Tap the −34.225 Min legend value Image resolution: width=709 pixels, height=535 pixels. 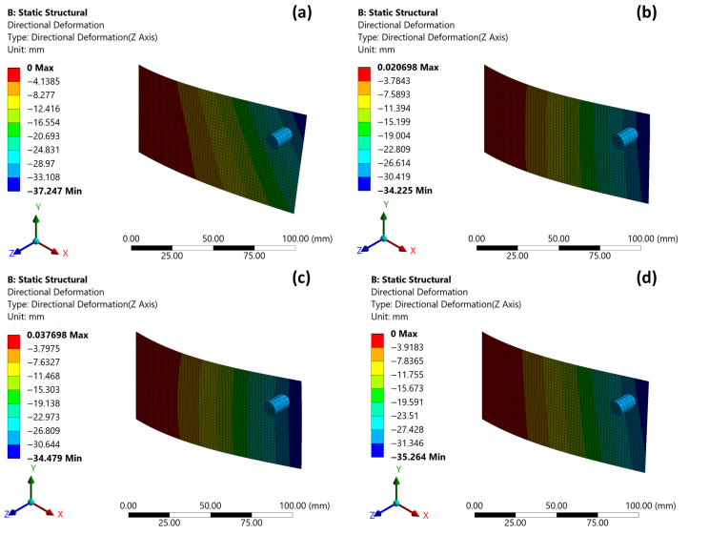tap(401, 191)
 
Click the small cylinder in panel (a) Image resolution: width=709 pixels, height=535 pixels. tap(283, 137)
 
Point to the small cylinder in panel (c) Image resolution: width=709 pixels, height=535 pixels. tap(279, 404)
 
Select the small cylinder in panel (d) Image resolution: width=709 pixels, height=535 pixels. tap(626, 404)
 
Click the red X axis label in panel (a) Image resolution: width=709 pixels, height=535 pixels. tap(65, 254)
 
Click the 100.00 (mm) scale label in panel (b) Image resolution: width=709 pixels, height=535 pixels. tap(655, 237)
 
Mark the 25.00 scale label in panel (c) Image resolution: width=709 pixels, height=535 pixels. tap(172, 522)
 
